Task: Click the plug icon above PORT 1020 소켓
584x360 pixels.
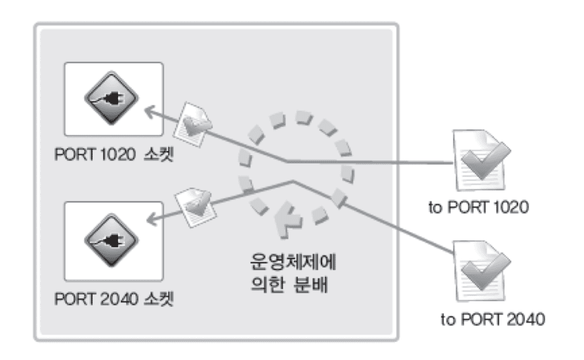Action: point(111,98)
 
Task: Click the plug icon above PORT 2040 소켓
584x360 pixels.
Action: point(111,240)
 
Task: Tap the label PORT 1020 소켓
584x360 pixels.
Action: point(114,154)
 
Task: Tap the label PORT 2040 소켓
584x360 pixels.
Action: point(114,299)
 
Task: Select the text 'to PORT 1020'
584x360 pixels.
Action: point(479,208)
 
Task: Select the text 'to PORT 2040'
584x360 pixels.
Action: point(493,320)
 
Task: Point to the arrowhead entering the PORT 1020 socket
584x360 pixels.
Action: point(150,111)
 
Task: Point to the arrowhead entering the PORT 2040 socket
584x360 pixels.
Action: point(152,219)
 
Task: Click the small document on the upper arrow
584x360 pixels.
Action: point(193,125)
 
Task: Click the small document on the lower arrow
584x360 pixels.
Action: point(196,208)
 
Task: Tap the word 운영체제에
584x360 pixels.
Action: point(293,262)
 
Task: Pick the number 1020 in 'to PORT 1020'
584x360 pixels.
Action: point(511,208)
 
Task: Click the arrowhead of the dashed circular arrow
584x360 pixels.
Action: point(287,220)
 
